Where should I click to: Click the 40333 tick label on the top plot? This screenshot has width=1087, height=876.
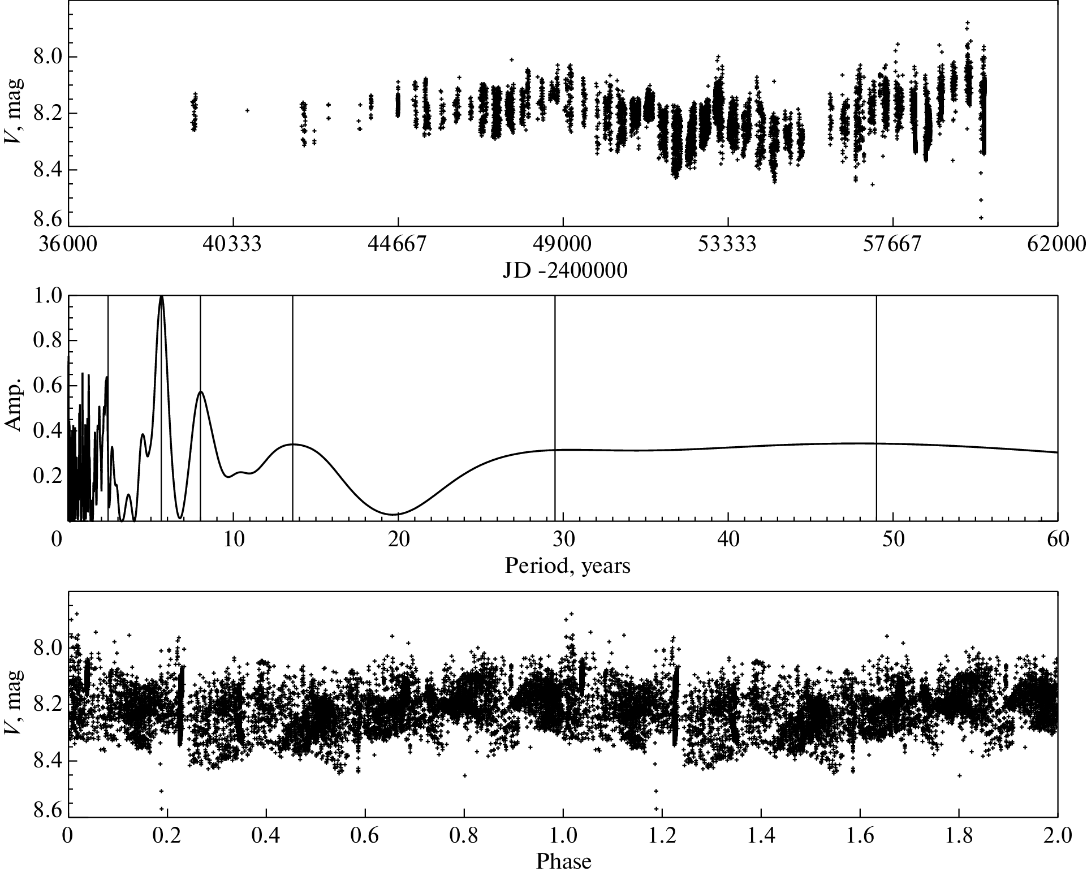[x=233, y=244]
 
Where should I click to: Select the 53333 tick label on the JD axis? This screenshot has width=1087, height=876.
[x=728, y=244]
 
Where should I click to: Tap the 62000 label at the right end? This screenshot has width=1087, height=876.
[x=1057, y=244]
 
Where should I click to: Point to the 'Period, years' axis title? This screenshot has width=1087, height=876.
[x=567, y=565]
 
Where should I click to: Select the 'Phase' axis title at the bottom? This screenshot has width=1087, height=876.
[x=563, y=861]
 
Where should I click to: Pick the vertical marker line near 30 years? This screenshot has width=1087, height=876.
[x=555, y=368]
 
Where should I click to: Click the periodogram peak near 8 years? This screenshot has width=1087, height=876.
[x=201, y=391]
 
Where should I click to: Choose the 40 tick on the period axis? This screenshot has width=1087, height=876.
[x=728, y=540]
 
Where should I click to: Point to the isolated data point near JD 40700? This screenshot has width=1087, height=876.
[x=247, y=110]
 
